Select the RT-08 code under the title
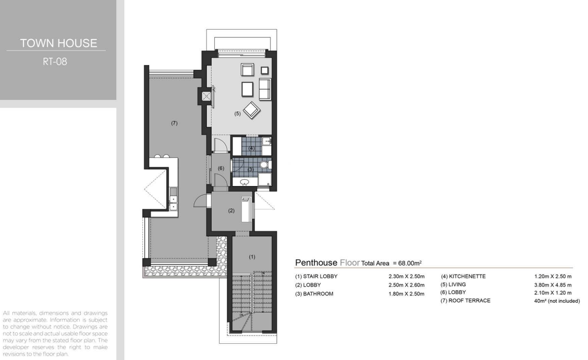55,61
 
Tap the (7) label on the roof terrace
174,123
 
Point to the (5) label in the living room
237,114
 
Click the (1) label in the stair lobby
252,257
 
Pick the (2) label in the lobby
231,210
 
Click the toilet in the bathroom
264,165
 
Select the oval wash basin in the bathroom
244,182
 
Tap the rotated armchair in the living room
252,110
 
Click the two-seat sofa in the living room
265,89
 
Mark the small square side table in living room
265,70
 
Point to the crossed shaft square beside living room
206,96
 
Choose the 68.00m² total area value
410,263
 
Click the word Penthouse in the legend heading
316,263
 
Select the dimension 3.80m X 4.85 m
553,284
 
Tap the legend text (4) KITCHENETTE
463,277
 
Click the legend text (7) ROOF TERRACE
465,301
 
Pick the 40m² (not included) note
557,301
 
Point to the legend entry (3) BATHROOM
314,294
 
